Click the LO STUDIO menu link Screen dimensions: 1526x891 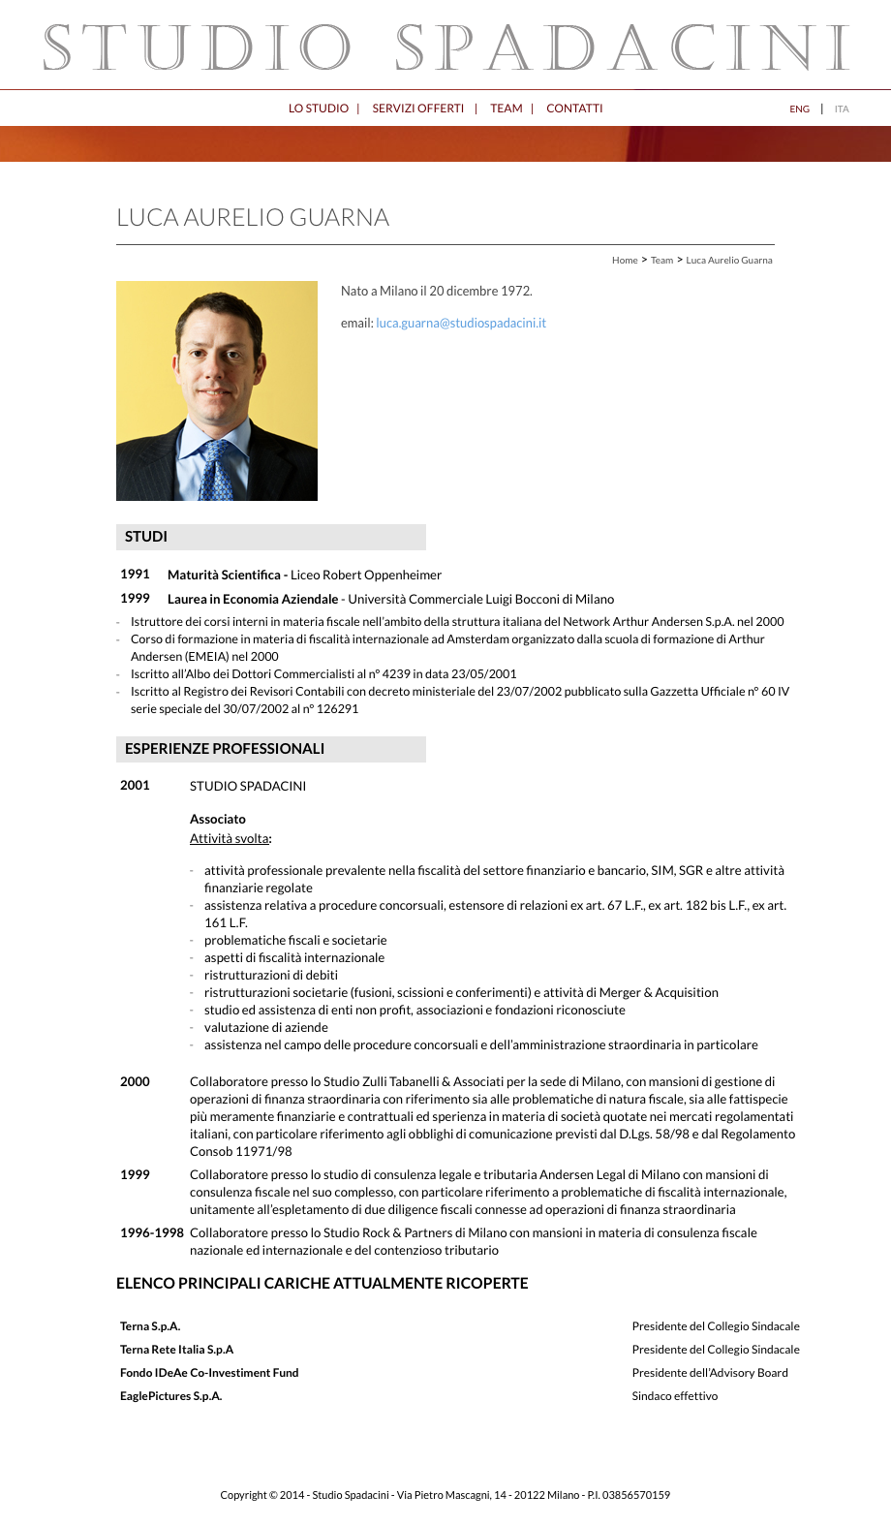[x=318, y=109]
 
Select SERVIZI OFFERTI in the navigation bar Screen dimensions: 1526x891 [x=417, y=109]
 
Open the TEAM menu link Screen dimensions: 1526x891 [x=506, y=109]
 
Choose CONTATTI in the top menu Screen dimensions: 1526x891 [x=574, y=109]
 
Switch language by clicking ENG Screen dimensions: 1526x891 [x=799, y=109]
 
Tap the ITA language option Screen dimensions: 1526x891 [x=842, y=109]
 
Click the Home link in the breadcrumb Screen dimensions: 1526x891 [x=625, y=261]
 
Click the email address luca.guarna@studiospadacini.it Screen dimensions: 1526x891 [x=461, y=324]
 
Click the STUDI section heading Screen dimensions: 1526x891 [x=146, y=537]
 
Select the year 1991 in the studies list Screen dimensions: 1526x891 [x=135, y=575]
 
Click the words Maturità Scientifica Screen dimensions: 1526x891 [x=224, y=576]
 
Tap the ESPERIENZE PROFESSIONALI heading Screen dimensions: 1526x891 [x=225, y=749]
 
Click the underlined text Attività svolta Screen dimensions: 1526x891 [x=230, y=839]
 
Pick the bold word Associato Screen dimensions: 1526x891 [x=218, y=820]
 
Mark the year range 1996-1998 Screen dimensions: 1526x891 [x=152, y=1233]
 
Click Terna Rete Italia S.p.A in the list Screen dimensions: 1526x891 [x=176, y=1350]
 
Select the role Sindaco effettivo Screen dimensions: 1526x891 [x=675, y=1396]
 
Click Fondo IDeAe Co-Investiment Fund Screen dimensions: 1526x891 [x=209, y=1373]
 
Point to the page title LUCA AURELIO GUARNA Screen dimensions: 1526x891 [x=253, y=218]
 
